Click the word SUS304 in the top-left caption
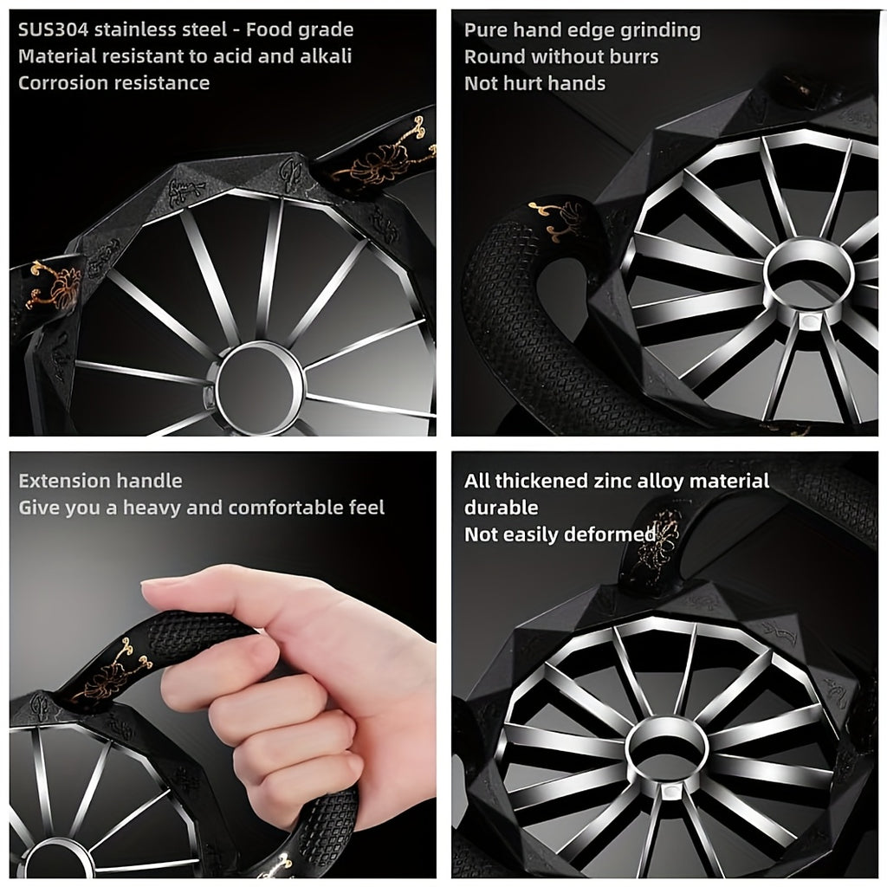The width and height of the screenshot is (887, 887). [53, 29]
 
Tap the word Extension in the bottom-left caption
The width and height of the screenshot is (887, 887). [63, 481]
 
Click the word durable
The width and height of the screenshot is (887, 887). [502, 508]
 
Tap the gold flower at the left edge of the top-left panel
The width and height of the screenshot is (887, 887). [53, 285]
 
